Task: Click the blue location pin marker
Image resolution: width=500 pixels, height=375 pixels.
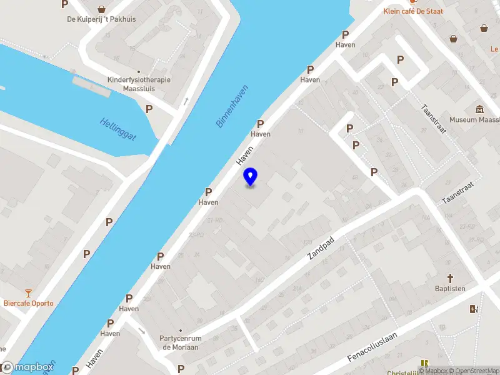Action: [x=250, y=177]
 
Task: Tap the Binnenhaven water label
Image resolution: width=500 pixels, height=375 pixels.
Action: [x=232, y=106]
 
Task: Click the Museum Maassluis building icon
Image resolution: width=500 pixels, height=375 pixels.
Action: [x=479, y=109]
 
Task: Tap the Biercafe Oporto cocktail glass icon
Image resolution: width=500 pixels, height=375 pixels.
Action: [x=28, y=292]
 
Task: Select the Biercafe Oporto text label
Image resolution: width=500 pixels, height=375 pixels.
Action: [x=28, y=303]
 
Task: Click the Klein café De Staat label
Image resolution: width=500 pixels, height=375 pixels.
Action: [x=413, y=11]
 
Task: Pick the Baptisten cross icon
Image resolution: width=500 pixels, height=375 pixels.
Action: [x=449, y=277]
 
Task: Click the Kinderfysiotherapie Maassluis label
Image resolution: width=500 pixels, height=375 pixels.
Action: [x=139, y=84]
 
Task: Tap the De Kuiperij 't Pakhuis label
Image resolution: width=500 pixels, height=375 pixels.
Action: [x=101, y=19]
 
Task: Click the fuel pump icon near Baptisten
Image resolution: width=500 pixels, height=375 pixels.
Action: [x=473, y=308]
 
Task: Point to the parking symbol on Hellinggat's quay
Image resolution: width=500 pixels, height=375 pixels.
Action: [x=149, y=109]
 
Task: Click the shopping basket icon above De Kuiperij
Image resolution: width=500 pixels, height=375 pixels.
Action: [x=101, y=9]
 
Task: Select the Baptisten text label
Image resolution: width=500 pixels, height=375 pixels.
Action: [x=450, y=289]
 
